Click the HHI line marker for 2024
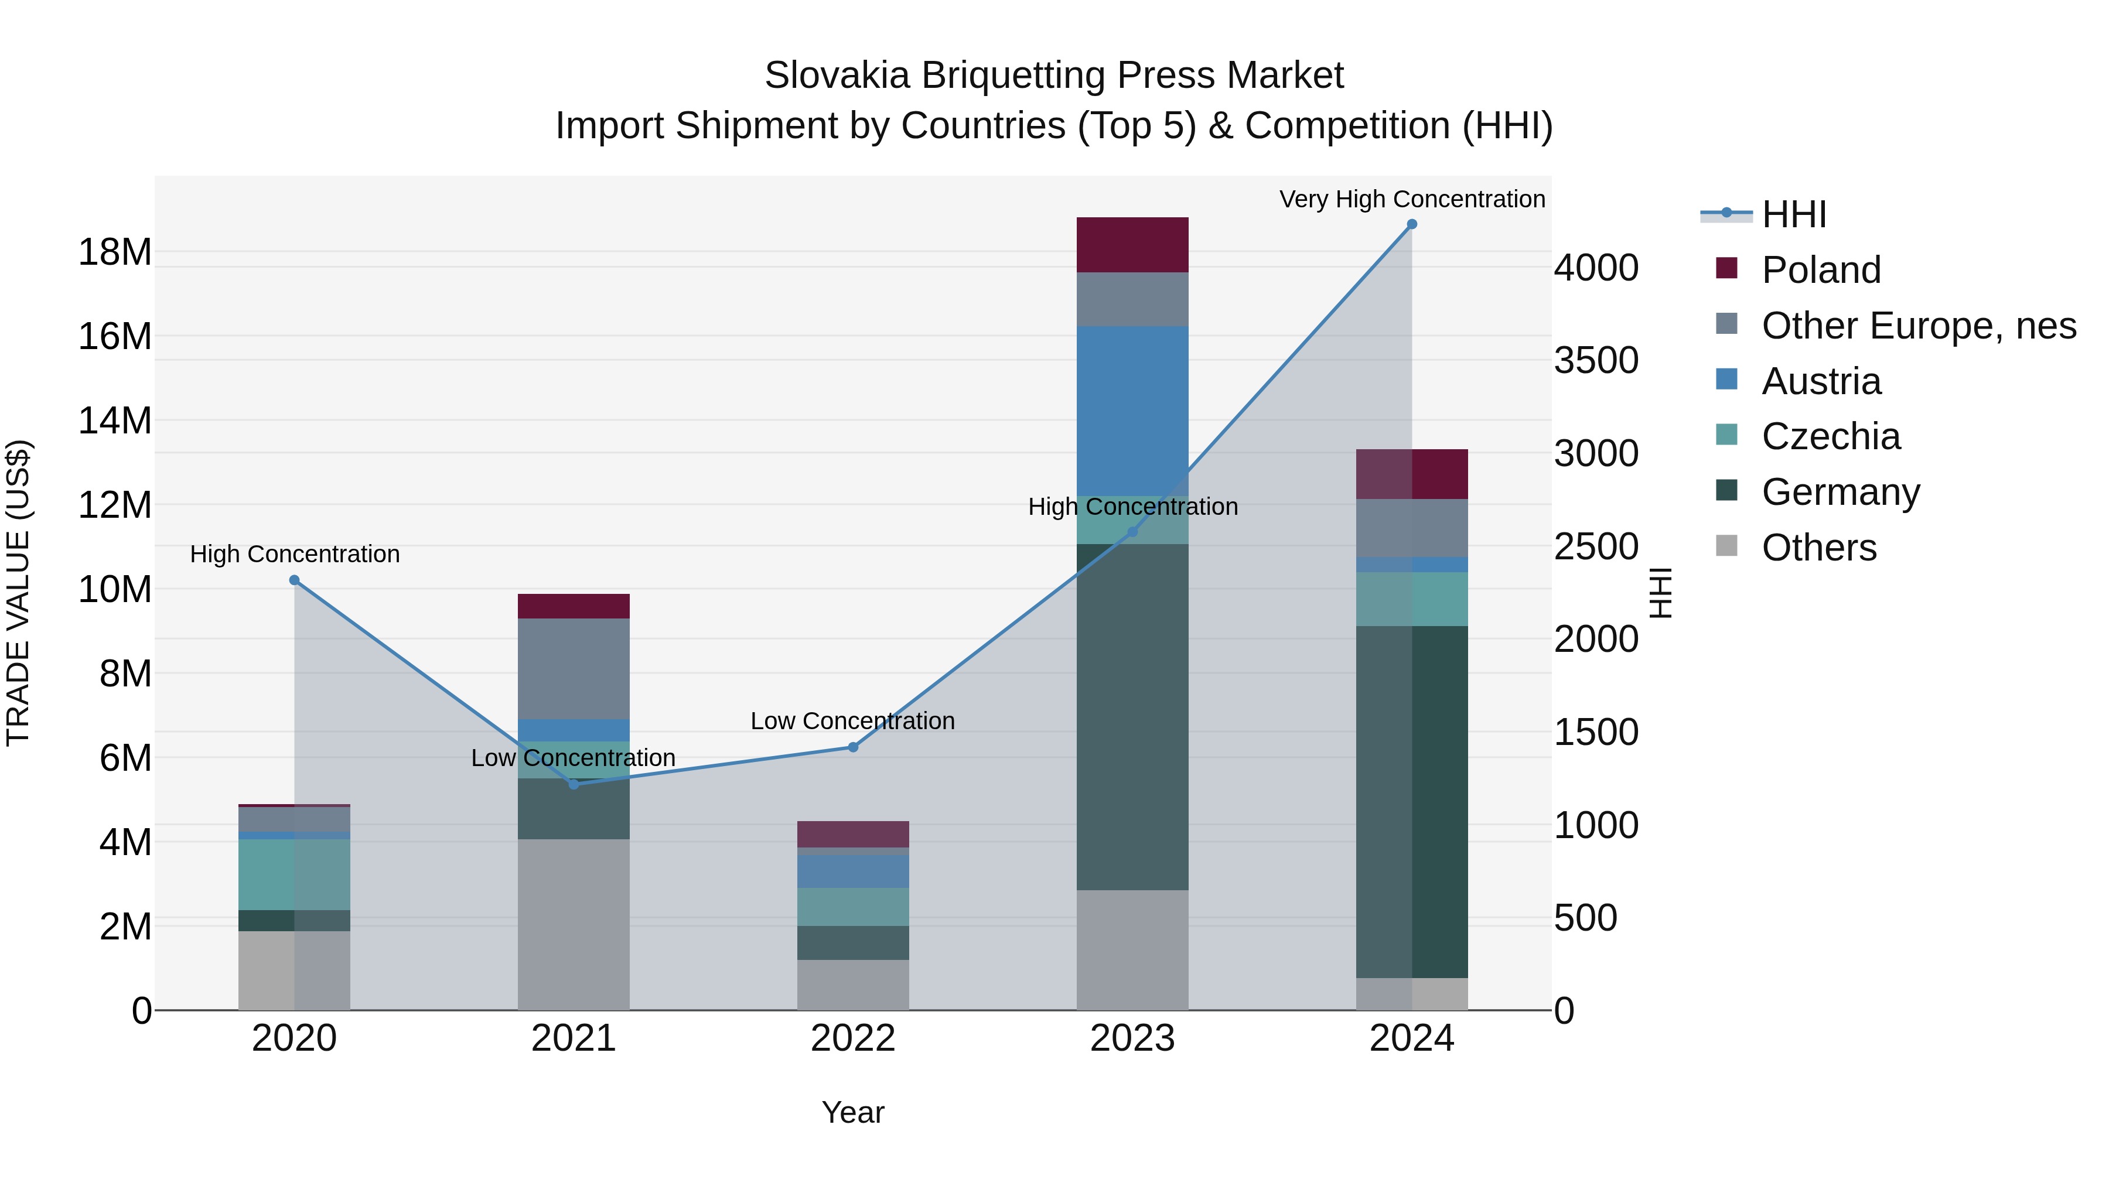coord(1411,224)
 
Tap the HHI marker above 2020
coord(295,580)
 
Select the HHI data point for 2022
coord(853,747)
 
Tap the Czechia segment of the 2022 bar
coord(853,907)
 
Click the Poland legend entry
coord(1821,270)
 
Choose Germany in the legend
coord(1841,492)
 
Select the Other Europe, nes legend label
coord(1918,326)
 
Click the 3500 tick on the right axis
coord(1596,361)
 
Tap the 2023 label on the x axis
coord(1132,1038)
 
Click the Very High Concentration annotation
coord(1411,199)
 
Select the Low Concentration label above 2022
coord(852,721)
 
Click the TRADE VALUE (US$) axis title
coord(18,593)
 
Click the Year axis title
coord(852,1112)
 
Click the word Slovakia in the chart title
coord(837,76)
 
